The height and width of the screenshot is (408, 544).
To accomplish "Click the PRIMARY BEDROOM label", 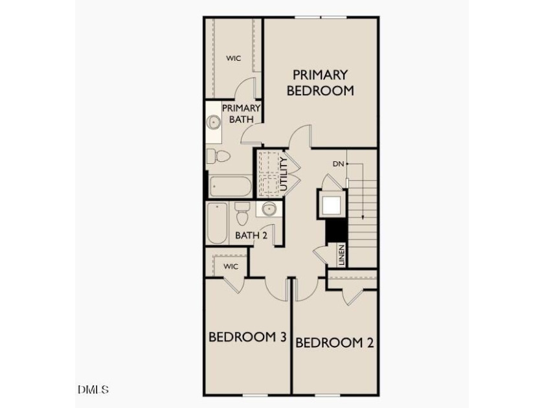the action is pos(320,83).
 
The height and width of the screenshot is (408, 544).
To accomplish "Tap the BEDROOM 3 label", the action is pos(247,337).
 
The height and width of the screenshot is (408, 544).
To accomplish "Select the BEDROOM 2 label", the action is pos(334,343).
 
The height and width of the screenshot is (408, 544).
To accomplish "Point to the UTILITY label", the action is pos(284,174).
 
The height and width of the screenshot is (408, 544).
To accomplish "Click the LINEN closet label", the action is pos(342,255).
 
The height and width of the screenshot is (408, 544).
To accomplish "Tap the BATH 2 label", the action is pos(251,235).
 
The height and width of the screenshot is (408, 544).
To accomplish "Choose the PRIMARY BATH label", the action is pos(242,113).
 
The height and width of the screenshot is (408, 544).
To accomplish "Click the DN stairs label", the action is pos(338,164).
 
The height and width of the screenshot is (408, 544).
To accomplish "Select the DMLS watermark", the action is pos(93,389).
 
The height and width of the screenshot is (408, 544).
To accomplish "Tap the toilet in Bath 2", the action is pos(242,214).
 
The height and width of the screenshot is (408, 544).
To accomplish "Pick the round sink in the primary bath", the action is pos(213,122).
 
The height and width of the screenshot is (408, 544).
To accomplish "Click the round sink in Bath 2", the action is pos(269,209).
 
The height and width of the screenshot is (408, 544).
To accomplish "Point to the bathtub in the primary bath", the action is pos(231,187).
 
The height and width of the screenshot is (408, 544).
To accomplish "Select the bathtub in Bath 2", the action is pos(218,223).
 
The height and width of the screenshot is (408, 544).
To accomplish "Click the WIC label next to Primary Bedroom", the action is pos(234,58).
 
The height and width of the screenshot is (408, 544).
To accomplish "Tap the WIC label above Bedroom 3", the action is pos(231,266).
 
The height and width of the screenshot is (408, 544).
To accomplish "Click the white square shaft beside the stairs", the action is pos(332,205).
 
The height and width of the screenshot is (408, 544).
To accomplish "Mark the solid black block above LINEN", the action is pos(336,231).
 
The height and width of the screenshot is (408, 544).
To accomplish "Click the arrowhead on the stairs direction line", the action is pos(363,217).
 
